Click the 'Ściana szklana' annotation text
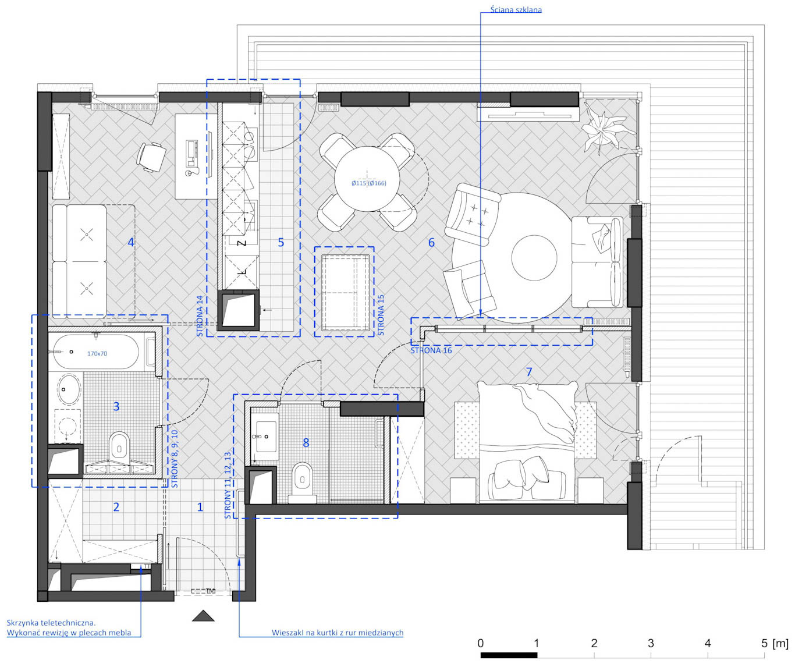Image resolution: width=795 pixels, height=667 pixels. coord(516,9)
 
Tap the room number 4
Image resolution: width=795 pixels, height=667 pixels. coord(131,242)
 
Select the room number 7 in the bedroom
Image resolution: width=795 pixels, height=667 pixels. coord(529,371)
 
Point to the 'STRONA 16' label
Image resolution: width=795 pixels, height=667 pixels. coord(431,350)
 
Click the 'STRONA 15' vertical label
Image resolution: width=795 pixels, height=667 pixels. coord(381,315)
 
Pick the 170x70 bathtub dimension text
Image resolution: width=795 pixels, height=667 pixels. coord(97,353)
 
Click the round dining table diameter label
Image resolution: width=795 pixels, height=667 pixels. coord(368,183)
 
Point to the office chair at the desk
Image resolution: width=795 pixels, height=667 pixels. coord(151,157)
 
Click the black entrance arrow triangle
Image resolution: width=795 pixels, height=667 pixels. coord(203,616)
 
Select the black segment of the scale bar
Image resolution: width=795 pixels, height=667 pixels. coord(509,655)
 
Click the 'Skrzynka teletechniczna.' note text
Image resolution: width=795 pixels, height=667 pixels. coord(51,623)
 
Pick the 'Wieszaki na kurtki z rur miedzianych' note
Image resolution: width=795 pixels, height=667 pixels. coord(338,633)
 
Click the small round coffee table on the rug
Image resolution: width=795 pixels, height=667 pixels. coord(534,258)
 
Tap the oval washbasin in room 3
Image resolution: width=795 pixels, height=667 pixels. coord(69,389)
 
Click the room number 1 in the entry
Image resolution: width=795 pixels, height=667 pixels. coord(200,507)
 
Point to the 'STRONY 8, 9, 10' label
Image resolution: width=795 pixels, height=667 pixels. coord(175,459)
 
